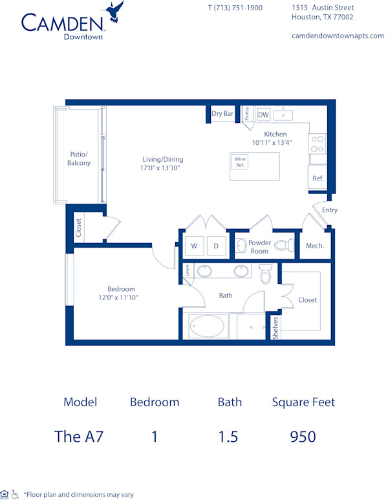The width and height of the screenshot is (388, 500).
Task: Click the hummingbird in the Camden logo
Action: tap(115, 12)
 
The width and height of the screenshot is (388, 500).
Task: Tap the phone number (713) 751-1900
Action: tap(235, 8)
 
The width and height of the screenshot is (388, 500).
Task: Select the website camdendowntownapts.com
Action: tap(338, 36)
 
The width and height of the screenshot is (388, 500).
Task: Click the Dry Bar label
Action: tap(222, 114)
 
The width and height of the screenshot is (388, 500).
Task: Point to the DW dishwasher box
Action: tap(263, 115)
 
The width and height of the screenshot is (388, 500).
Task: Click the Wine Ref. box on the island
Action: tap(241, 162)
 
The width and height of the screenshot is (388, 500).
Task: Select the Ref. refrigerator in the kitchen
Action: tap(318, 178)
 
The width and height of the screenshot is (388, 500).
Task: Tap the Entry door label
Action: tap(329, 210)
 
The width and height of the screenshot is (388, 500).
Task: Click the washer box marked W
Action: tap(193, 246)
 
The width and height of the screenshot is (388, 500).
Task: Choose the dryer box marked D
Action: tap(216, 246)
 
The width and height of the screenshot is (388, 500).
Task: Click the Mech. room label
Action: tap(314, 246)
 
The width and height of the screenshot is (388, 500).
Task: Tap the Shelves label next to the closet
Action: tap(275, 327)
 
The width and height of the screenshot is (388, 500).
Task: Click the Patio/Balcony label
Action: tap(79, 159)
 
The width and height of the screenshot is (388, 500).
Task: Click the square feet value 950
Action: tap(303, 437)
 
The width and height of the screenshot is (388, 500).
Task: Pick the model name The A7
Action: tap(79, 437)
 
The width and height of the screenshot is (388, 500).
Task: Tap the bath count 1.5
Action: tap(228, 437)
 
